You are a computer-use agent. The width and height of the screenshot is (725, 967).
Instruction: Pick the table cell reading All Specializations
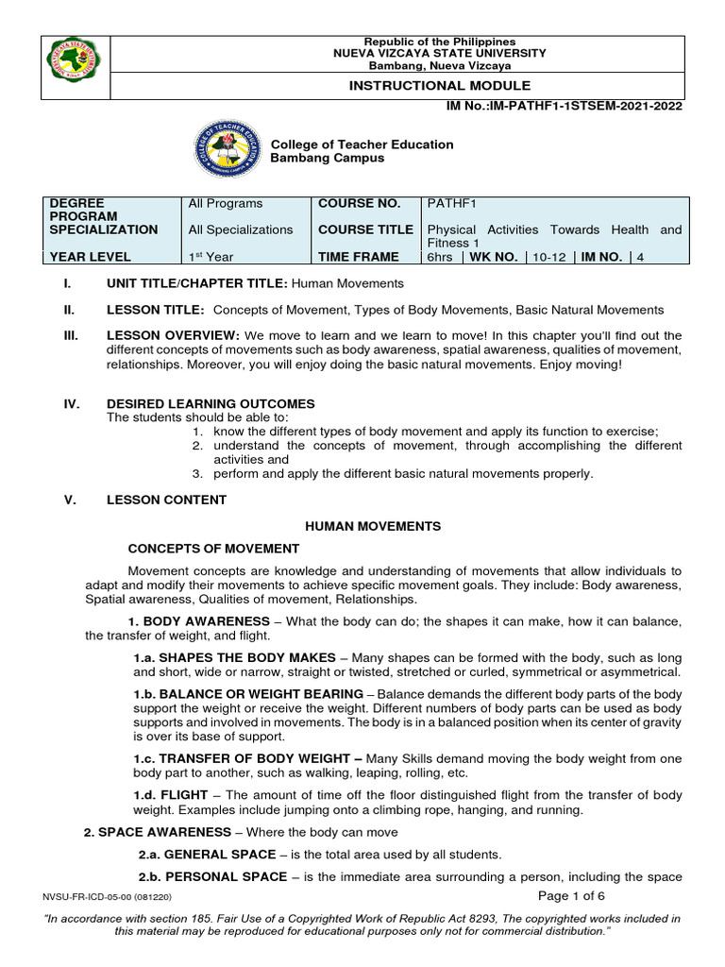click(x=241, y=229)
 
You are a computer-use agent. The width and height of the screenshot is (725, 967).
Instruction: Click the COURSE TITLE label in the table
click(x=365, y=229)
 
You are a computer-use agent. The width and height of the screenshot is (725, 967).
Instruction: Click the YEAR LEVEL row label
click(x=91, y=257)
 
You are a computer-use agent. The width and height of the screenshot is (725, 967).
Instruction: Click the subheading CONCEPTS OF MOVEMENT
click(x=213, y=549)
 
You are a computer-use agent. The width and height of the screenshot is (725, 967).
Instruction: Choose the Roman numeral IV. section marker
click(x=71, y=404)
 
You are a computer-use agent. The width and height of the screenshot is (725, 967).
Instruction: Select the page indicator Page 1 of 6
click(x=571, y=896)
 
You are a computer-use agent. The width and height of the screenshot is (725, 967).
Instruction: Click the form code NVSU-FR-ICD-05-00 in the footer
click(x=86, y=897)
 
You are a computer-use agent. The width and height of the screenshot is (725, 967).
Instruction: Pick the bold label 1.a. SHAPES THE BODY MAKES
click(x=234, y=657)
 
